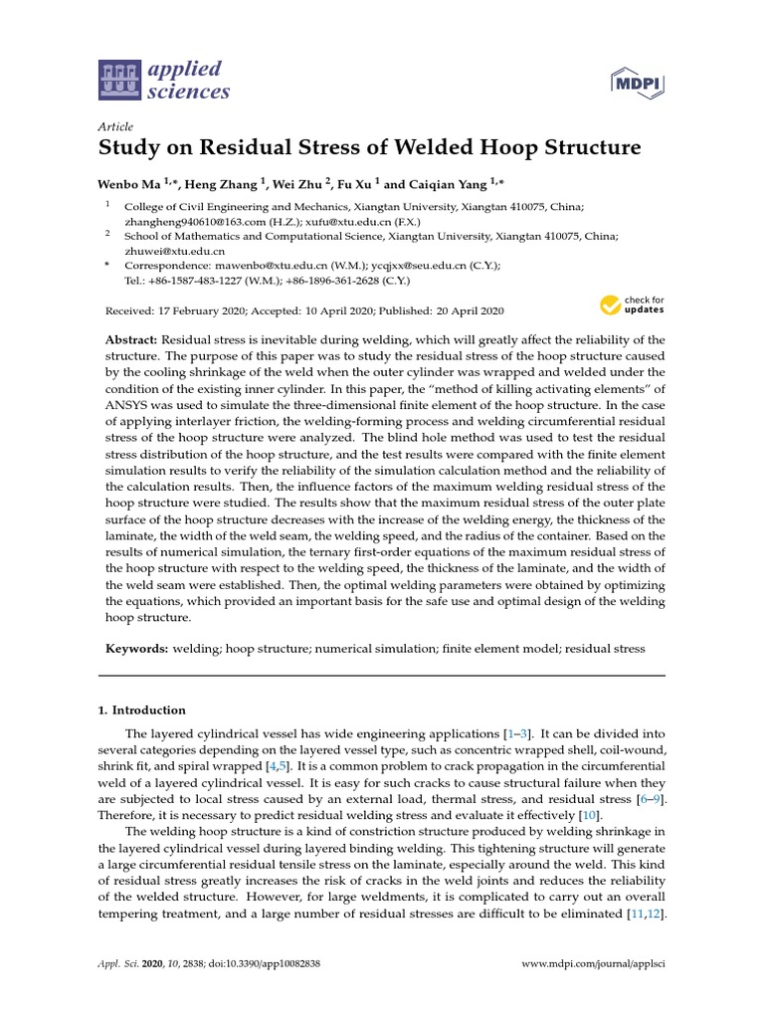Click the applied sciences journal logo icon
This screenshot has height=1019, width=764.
[x=119, y=81]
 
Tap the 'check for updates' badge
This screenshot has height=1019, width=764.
[x=632, y=305]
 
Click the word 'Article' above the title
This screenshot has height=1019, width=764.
[x=115, y=126]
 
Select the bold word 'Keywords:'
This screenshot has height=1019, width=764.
[x=137, y=649]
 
